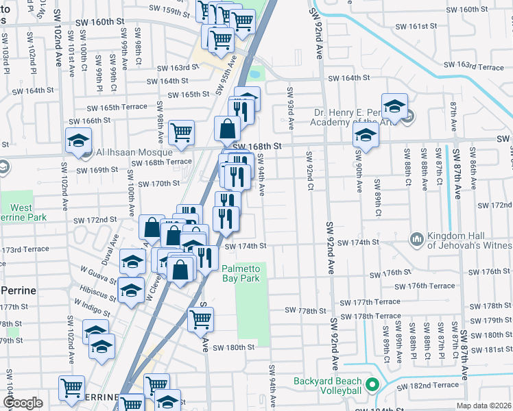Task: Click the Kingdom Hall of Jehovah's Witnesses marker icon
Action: click(x=416, y=238)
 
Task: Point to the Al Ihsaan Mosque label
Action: click(x=112, y=152)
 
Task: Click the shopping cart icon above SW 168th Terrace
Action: click(x=181, y=132)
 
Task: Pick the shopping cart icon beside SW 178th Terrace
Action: click(x=200, y=319)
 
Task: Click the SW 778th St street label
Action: click(x=307, y=310)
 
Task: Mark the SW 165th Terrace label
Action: click(x=117, y=107)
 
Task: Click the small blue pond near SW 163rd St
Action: click(x=255, y=72)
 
